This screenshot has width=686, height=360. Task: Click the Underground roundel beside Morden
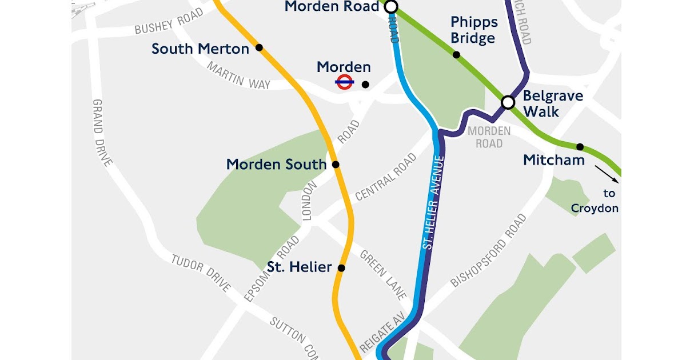pyautogui.click(x=344, y=82)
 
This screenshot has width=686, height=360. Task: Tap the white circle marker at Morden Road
pyautogui.click(x=391, y=7)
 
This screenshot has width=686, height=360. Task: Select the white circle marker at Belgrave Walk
pyautogui.click(x=508, y=102)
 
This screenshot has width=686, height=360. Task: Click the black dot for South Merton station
pyautogui.click(x=259, y=47)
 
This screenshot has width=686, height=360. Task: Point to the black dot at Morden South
pyautogui.click(x=336, y=165)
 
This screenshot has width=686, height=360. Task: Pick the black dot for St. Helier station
pyautogui.click(x=341, y=267)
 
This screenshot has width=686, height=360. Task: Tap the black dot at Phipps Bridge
pyautogui.click(x=456, y=55)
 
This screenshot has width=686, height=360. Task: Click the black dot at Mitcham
pyautogui.click(x=580, y=147)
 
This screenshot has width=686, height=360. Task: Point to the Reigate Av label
pyautogui.click(x=382, y=333)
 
